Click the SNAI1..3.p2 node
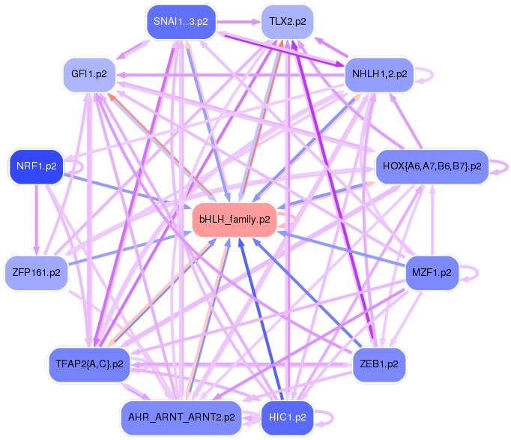click(x=179, y=22)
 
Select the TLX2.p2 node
click(x=288, y=22)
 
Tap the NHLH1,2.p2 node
click(x=379, y=75)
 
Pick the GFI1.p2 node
click(x=89, y=75)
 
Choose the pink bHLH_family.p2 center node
click(x=235, y=220)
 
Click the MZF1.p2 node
click(x=432, y=273)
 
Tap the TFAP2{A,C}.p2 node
click(x=89, y=364)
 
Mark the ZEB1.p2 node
click(x=379, y=364)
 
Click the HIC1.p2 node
click(x=288, y=417)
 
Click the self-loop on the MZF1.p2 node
click(x=470, y=271)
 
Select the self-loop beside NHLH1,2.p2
click(x=425, y=73)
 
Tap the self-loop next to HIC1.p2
click(x=324, y=416)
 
